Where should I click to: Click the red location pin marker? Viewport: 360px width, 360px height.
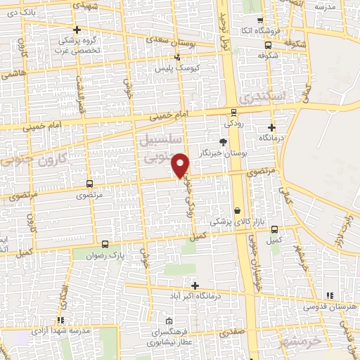pyautogui.click(x=181, y=165)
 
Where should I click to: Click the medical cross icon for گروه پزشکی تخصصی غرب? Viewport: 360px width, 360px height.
pyautogui.click(x=77, y=30)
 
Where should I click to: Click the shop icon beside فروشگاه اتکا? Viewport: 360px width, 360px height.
pyautogui.click(x=260, y=20)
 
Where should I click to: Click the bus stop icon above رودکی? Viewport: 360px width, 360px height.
pyautogui.click(x=234, y=111)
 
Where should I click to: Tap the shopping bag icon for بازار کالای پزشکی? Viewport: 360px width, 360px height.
pyautogui.click(x=238, y=211)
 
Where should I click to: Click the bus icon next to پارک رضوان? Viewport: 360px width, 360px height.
pyautogui.click(x=105, y=245)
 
